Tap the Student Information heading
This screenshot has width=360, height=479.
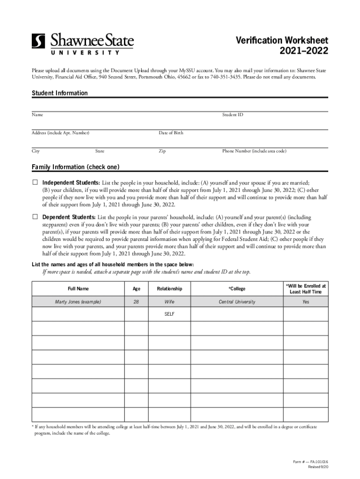[59, 93]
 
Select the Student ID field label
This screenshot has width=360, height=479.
[232, 115]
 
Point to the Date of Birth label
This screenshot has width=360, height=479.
[171, 133]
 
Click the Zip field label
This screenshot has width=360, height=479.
[162, 151]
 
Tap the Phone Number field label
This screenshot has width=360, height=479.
[254, 151]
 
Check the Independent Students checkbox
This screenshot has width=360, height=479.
[35, 182]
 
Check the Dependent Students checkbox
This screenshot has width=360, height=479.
[35, 217]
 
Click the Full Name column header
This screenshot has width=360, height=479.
[78, 289]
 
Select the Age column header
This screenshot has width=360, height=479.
[136, 289]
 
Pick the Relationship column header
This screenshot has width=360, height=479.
[169, 289]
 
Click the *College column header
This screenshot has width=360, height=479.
[237, 289]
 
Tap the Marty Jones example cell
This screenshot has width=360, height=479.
[78, 302]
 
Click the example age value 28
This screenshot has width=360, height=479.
[136, 302]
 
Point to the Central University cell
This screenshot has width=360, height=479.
[237, 302]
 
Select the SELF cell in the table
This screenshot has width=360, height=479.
[169, 314]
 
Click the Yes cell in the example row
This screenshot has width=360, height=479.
[306, 302]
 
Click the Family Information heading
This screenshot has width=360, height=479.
[75, 167]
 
